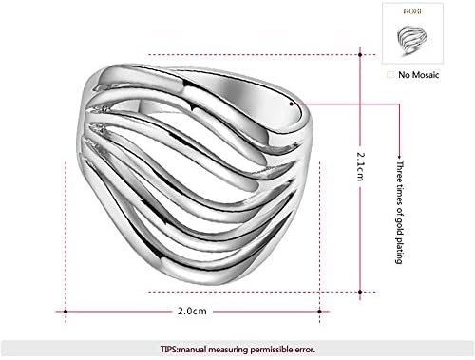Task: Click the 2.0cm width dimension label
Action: (x=193, y=310)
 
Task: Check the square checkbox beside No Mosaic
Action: (x=391, y=71)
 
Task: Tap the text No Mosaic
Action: (x=419, y=71)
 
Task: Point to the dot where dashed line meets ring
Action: (x=289, y=100)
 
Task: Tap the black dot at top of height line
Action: (x=359, y=54)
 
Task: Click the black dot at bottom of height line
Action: (x=359, y=297)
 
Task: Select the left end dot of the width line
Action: (x=66, y=310)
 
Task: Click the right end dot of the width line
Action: (x=320, y=310)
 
